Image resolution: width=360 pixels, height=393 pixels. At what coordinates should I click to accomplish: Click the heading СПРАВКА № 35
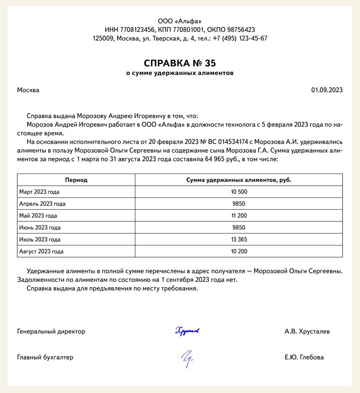(180, 63)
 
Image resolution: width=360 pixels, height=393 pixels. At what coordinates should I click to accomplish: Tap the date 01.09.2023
(327, 90)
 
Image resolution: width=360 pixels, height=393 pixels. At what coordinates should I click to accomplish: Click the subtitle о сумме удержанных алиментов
(180, 73)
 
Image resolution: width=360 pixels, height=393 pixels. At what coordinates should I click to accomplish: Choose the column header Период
(76, 180)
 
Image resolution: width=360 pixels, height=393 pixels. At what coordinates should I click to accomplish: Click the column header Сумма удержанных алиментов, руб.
(239, 180)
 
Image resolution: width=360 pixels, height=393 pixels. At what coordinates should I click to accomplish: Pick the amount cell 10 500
(239, 192)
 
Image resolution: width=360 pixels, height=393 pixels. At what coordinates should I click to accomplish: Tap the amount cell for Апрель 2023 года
(239, 204)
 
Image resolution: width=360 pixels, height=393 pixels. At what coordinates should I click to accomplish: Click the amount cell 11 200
(239, 216)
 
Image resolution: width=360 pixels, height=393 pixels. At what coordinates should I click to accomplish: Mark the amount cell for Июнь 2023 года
(239, 228)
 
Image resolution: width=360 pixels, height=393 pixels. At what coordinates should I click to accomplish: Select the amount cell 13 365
(239, 239)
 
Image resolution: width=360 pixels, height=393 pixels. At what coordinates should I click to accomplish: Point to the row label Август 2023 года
(41, 251)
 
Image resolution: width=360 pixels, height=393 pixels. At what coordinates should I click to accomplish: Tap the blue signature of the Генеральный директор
(187, 331)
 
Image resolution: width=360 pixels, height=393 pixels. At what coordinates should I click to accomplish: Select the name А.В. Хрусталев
(307, 332)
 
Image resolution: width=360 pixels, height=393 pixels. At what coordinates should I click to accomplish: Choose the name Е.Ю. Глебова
(304, 358)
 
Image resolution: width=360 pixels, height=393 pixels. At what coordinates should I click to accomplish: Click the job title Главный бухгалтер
(45, 358)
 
